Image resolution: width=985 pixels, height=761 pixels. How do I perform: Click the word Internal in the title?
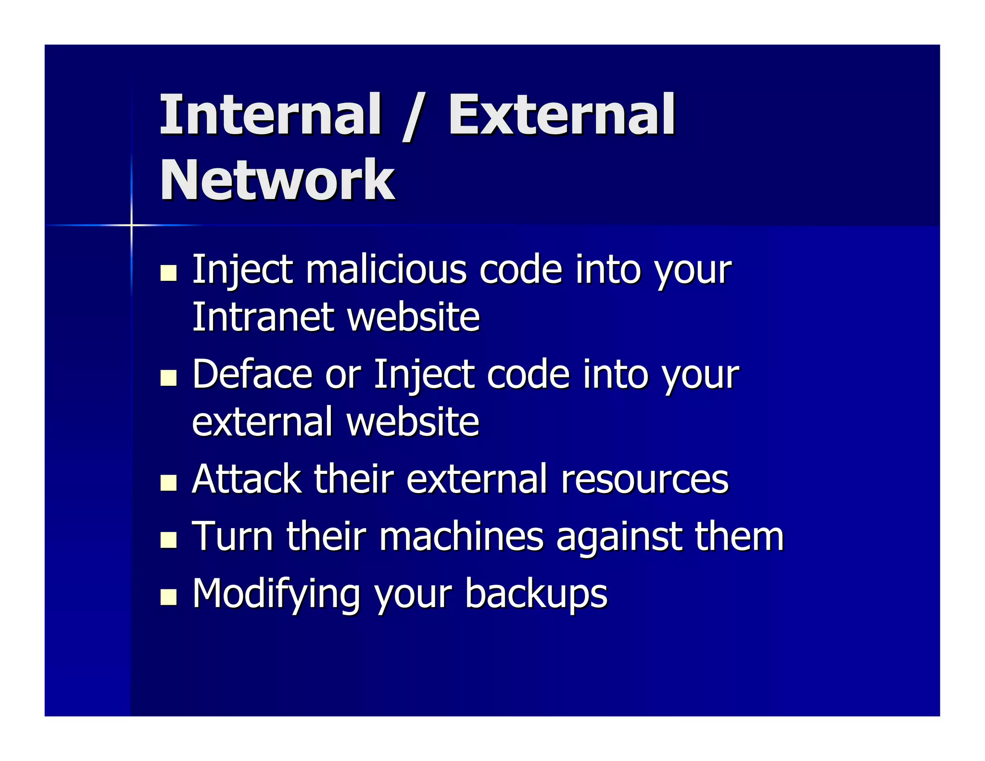tap(270, 114)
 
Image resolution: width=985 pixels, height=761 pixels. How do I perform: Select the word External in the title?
tap(561, 114)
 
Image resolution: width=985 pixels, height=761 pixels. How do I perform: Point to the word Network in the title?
tap(277, 180)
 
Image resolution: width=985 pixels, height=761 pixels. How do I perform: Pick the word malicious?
tap(386, 269)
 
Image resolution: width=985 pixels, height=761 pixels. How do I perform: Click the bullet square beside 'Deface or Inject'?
tap(168, 378)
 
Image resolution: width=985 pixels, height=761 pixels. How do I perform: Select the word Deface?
tap(252, 374)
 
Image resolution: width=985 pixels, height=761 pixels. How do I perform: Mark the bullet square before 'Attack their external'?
tap(168, 482)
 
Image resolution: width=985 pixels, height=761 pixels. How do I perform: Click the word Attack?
tap(246, 479)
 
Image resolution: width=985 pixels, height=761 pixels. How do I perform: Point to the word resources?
tap(644, 480)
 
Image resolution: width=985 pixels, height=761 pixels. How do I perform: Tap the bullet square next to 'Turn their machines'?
tap(168, 540)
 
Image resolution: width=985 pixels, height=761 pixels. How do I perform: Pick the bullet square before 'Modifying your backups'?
tap(168, 597)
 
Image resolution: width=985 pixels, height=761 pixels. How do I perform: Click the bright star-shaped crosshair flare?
tap(131, 225)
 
